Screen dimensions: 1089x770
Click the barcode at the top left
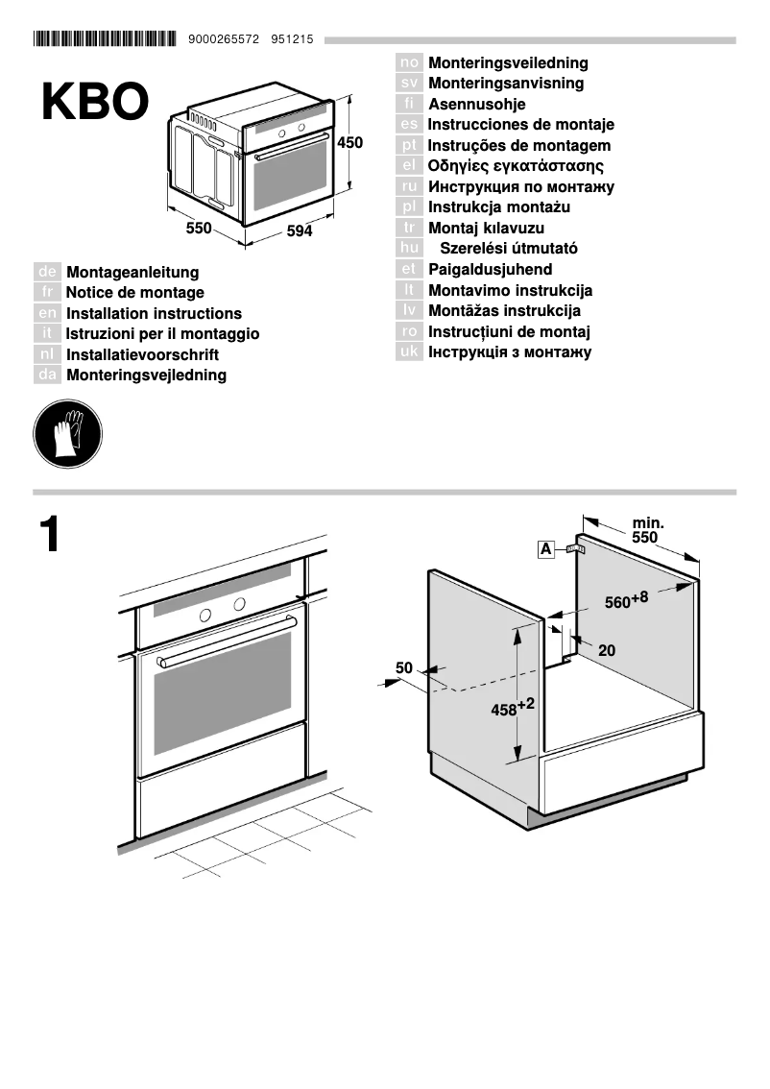pyautogui.click(x=105, y=39)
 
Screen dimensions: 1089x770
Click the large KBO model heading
pyautogui.click(x=95, y=103)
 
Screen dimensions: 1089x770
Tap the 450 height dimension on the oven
pyautogui.click(x=350, y=143)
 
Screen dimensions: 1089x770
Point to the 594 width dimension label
pyautogui.click(x=300, y=231)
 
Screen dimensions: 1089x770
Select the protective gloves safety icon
pyautogui.click(x=67, y=434)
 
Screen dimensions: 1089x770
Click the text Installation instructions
pyautogui.click(x=154, y=313)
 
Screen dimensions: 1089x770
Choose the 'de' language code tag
pyautogui.click(x=47, y=273)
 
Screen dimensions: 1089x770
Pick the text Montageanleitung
pyautogui.click(x=132, y=273)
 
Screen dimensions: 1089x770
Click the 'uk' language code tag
pyautogui.click(x=409, y=351)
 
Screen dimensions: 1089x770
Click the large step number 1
pyautogui.click(x=51, y=536)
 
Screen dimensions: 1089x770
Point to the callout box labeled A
pyautogui.click(x=545, y=549)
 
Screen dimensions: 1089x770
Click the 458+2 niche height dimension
pyautogui.click(x=512, y=710)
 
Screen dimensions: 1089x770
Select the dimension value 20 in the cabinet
pyautogui.click(x=607, y=650)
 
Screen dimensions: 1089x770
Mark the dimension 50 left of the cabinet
pyautogui.click(x=403, y=667)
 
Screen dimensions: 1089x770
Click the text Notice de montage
pyautogui.click(x=134, y=293)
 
